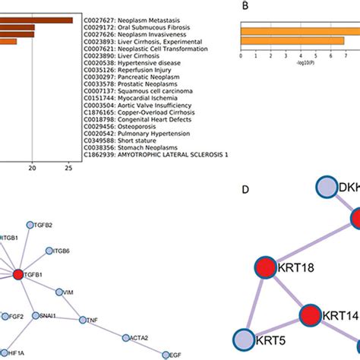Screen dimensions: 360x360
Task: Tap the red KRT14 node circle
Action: [311, 315]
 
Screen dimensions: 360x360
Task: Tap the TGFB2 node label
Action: [43, 225]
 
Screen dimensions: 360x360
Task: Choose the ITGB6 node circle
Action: [50, 250]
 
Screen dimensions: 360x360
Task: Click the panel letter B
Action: [245, 5]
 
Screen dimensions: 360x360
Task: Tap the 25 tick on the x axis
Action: [69, 169]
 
